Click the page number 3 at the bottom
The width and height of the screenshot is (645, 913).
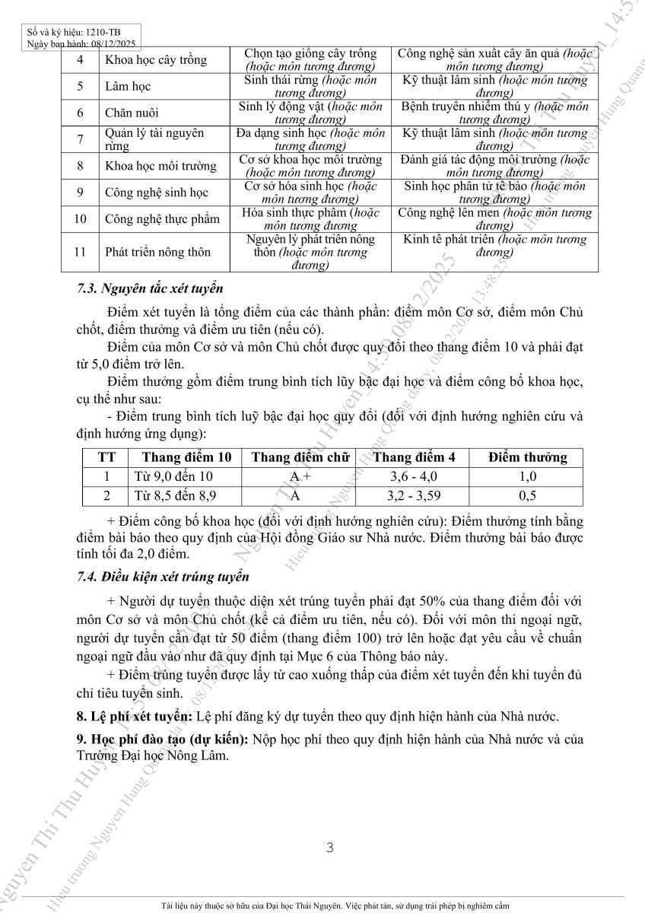(x=329, y=848)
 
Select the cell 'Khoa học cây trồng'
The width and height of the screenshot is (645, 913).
(x=156, y=60)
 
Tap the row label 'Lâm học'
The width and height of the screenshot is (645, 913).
(x=128, y=87)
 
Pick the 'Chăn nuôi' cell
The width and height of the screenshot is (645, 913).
(x=132, y=113)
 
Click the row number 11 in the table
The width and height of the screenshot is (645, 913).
(x=80, y=252)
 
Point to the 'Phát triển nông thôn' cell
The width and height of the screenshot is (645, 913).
(x=158, y=252)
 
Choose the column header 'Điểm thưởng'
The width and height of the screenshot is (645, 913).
(x=528, y=457)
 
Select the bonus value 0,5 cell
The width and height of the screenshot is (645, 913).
(x=528, y=496)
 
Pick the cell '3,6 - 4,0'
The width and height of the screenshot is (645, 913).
(x=414, y=477)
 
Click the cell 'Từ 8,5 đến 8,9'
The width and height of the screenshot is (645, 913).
(x=175, y=496)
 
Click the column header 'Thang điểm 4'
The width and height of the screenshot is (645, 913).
(x=415, y=457)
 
